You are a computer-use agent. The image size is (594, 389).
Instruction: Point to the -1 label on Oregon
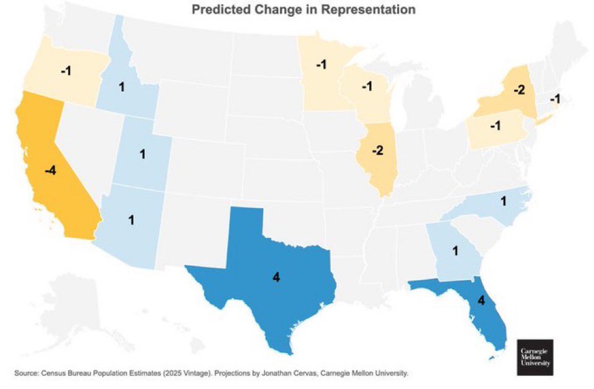tap(66, 71)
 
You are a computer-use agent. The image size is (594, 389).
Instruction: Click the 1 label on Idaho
tap(121, 87)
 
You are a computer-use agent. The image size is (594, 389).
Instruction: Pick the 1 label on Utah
tap(142, 154)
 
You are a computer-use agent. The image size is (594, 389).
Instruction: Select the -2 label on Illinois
tap(378, 151)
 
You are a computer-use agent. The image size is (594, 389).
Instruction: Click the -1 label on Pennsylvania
tap(494, 126)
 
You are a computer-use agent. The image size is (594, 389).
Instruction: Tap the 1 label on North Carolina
tap(504, 201)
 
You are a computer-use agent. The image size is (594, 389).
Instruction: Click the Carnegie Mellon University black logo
tap(535, 356)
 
